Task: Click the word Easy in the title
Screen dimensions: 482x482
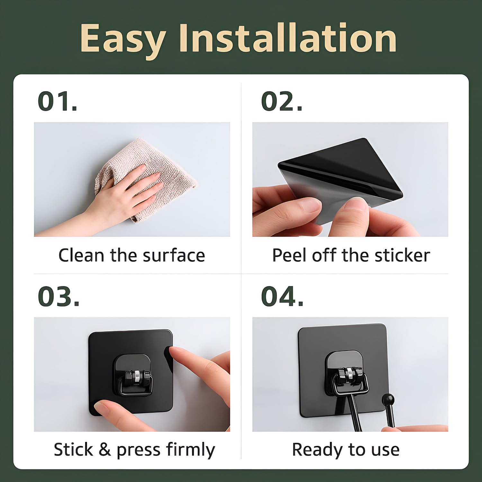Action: tap(122, 40)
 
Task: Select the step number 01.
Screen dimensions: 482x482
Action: tap(58, 101)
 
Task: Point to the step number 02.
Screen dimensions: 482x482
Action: tap(282, 101)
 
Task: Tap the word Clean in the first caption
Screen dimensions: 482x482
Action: tap(82, 255)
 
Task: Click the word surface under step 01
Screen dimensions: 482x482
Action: tap(174, 255)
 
